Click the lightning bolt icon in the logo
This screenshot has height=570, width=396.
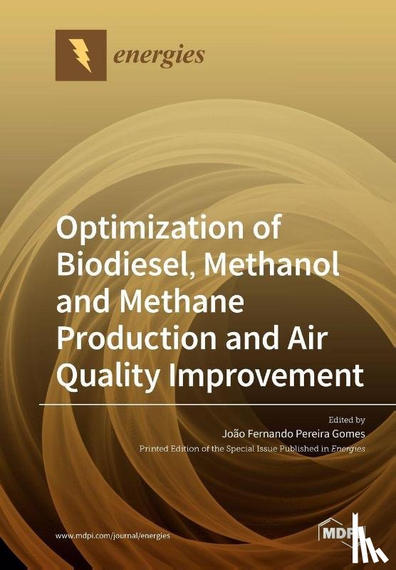coord(80,55)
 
